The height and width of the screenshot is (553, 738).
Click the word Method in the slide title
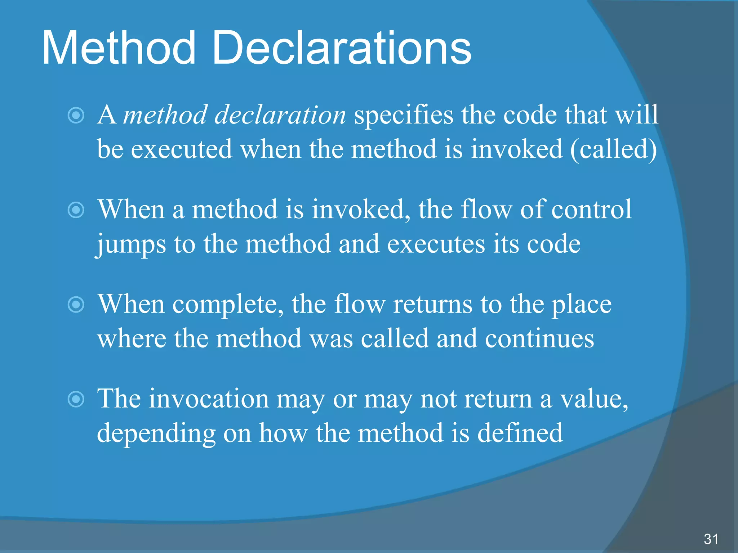(119, 48)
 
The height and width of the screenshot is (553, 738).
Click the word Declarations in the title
(341, 48)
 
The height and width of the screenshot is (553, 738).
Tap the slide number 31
(711, 539)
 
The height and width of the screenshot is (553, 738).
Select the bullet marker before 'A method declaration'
(76, 116)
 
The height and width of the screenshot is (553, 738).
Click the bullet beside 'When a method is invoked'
(76, 210)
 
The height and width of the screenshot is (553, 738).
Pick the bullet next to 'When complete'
(76, 305)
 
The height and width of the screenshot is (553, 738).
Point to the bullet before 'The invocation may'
(76, 399)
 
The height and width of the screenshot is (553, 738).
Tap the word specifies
(404, 115)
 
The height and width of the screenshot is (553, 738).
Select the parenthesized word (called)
(613, 149)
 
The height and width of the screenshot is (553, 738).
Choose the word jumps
(132, 244)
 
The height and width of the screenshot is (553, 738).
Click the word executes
(436, 244)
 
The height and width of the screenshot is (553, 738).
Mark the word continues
(539, 338)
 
